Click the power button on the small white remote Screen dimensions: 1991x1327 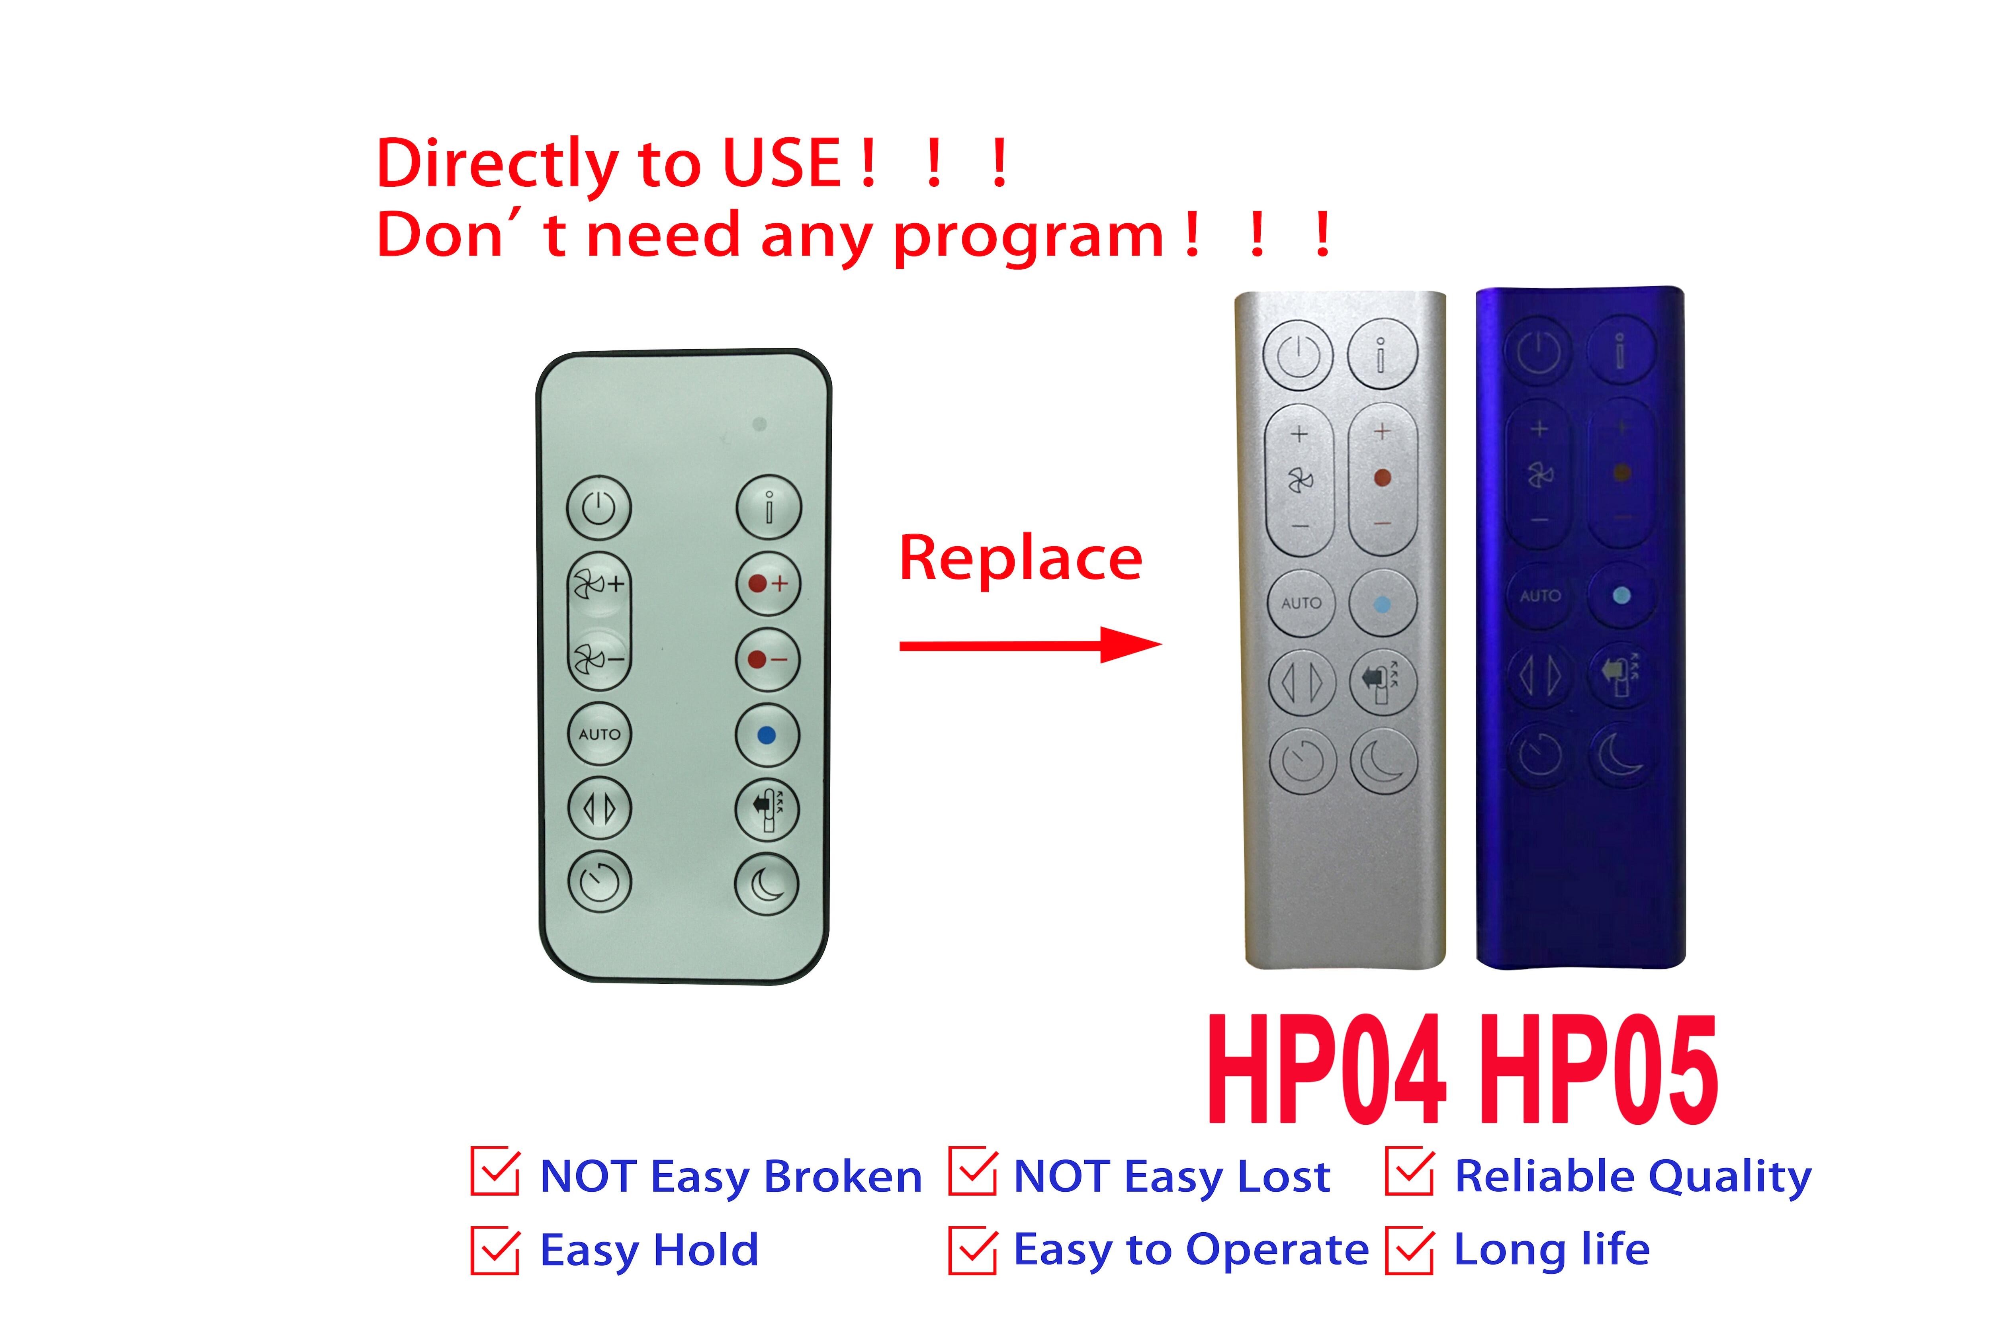(x=598, y=508)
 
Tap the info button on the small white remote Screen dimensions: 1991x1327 (x=768, y=508)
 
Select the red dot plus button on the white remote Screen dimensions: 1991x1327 (x=767, y=583)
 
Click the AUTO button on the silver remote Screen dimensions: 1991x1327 (x=1301, y=602)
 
